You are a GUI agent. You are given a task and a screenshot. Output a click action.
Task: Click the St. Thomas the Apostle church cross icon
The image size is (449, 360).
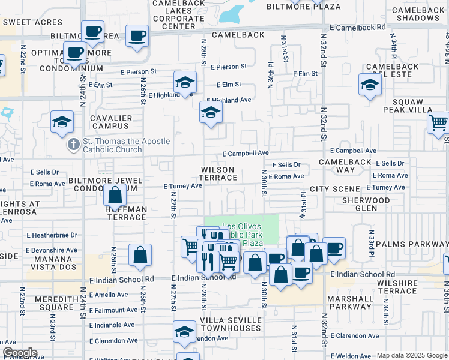coord(73,145)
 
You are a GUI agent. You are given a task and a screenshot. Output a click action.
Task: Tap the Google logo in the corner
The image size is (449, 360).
coord(19,353)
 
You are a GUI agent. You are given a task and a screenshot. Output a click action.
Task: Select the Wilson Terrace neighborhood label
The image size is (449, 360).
coord(218,174)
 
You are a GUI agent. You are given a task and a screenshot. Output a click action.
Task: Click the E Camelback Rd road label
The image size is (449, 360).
coord(358,28)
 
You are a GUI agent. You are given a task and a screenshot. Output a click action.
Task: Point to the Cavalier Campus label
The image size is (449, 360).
coord(111,122)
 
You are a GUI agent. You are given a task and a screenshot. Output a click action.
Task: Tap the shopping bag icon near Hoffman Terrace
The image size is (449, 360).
coord(115,195)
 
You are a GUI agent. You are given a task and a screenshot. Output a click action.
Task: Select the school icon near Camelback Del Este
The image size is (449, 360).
coord(370,85)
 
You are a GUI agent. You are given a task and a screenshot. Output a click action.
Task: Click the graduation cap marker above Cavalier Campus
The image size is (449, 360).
coord(62,122)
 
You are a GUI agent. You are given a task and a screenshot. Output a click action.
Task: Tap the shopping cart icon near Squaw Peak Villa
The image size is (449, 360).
coord(439,123)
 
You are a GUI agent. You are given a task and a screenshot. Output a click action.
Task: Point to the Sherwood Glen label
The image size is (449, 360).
coord(366,204)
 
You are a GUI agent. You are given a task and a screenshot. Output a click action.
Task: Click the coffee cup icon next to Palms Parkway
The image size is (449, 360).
coord(334,248)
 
